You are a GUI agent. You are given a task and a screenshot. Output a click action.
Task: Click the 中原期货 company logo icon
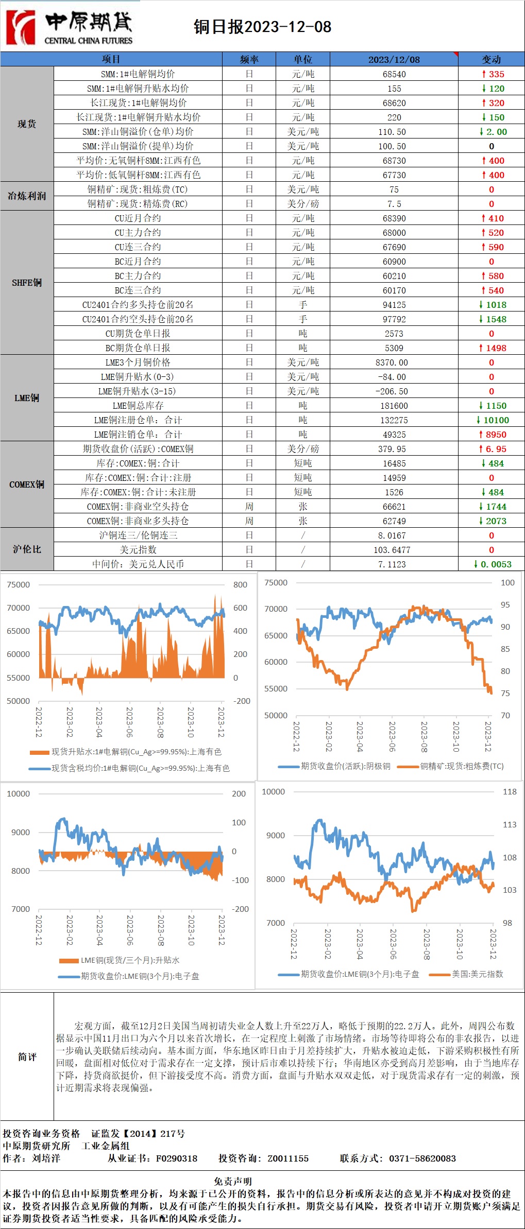click(21, 27)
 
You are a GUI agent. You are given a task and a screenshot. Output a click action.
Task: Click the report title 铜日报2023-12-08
click(262, 27)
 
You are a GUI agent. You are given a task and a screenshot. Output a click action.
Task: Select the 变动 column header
click(491, 59)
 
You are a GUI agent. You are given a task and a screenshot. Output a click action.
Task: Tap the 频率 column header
click(249, 59)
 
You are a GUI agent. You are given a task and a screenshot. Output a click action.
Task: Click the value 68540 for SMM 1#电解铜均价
click(394, 74)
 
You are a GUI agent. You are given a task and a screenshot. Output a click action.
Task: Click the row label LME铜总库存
click(138, 406)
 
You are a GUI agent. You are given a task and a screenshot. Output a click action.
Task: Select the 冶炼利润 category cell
click(27, 196)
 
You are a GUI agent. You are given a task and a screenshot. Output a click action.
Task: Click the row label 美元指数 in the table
click(138, 550)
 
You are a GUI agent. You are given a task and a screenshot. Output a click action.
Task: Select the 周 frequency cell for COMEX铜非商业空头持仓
click(249, 507)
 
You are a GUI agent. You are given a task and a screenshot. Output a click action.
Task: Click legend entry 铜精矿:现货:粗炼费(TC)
click(461, 766)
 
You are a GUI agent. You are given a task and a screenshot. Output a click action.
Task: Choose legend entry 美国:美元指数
click(477, 974)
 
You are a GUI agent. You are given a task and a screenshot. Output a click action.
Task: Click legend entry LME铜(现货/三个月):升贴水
click(130, 960)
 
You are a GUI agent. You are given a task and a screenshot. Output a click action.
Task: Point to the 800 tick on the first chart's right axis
click(240, 585)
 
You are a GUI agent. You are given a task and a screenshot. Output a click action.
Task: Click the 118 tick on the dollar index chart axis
click(509, 791)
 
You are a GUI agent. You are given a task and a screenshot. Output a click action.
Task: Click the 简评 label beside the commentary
click(27, 1057)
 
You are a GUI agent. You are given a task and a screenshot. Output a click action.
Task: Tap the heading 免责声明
click(233, 1181)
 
